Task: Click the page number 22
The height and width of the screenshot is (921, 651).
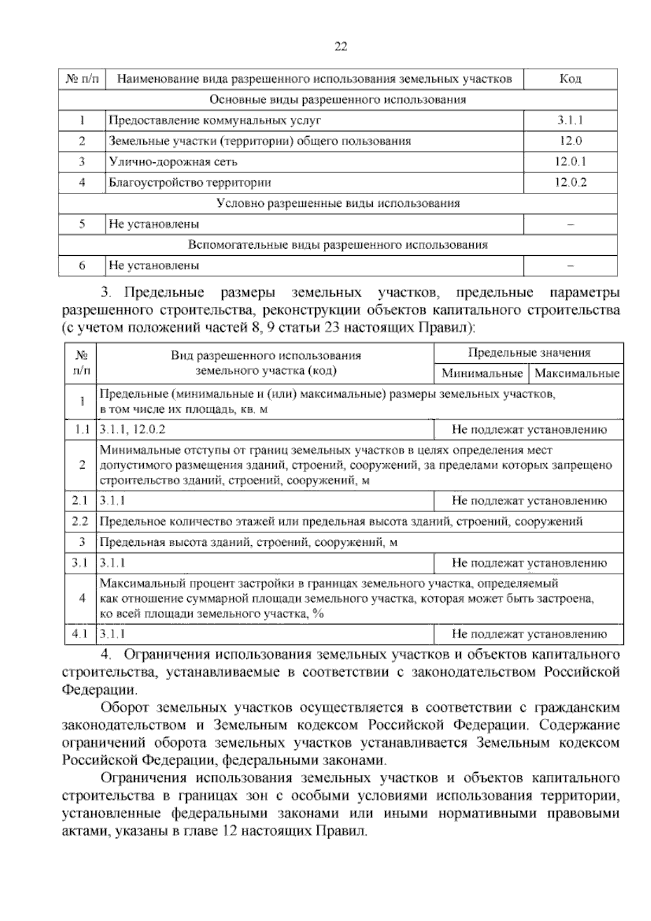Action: [x=340, y=47]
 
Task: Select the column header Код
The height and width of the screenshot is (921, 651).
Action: [x=570, y=79]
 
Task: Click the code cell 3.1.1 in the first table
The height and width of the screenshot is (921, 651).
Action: [x=570, y=121]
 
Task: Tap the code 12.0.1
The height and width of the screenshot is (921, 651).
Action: [x=570, y=162]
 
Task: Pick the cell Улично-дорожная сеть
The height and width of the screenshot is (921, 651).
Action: [x=173, y=162]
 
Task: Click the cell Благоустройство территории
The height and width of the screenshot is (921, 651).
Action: [x=190, y=182]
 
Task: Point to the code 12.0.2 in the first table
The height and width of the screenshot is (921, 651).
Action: [x=570, y=182]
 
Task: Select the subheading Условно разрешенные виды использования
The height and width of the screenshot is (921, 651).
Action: [x=337, y=203]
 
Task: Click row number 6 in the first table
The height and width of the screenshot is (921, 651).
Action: [x=82, y=266]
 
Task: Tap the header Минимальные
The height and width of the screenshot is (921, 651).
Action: [x=482, y=374]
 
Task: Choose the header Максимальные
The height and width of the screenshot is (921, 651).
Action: [x=577, y=374]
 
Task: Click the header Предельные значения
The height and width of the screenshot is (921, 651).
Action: [x=529, y=353]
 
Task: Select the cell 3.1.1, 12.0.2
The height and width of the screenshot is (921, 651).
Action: [x=133, y=430]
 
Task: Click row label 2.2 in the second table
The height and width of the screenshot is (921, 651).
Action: [x=80, y=522]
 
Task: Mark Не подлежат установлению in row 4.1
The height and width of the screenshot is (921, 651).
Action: [x=529, y=634]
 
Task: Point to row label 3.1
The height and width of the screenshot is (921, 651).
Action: [x=80, y=563]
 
